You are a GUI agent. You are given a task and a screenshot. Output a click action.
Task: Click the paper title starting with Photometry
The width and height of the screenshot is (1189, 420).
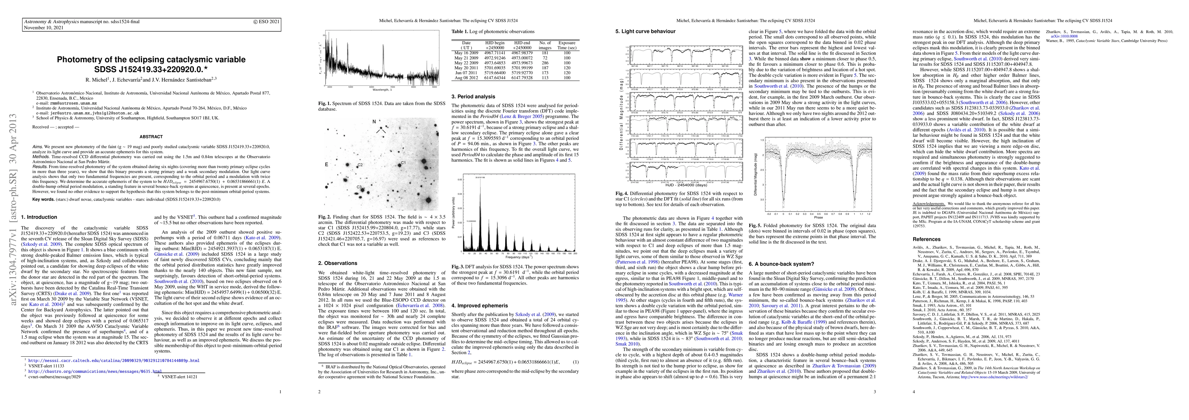pos(151,64)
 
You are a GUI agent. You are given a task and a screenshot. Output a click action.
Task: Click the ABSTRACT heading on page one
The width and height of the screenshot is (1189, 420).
pos(151,136)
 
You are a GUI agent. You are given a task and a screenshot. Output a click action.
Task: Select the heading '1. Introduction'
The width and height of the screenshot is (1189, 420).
pos(39,217)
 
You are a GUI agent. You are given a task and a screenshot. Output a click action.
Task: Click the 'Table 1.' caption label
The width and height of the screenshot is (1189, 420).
pos(461,31)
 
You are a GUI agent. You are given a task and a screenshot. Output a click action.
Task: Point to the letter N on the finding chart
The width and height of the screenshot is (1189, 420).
pos(374,122)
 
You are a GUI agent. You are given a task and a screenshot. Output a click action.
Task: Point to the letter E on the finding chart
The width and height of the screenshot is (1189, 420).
pos(326,164)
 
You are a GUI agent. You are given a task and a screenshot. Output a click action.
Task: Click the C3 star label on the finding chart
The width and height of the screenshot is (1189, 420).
pos(359,187)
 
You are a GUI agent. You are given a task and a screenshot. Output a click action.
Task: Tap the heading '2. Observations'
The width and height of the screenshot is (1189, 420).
pos(338,263)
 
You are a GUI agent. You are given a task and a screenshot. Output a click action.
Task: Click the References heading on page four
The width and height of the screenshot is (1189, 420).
pos(926,239)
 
